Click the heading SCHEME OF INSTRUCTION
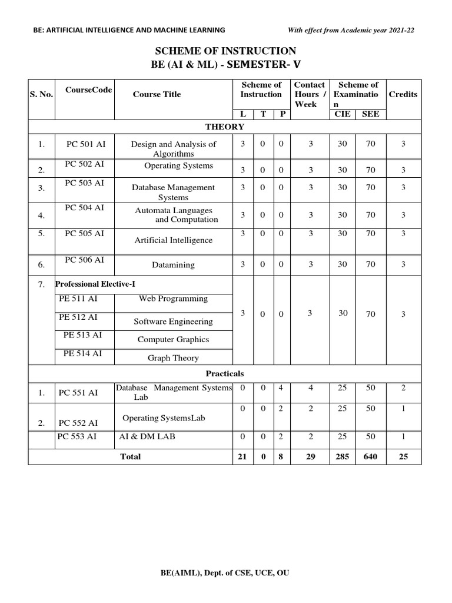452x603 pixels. [225, 51]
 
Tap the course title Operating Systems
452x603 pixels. [178, 165]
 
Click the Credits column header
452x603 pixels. [403, 94]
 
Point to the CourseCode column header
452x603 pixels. [89, 90]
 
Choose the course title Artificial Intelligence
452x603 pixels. [174, 240]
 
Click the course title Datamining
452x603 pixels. [174, 265]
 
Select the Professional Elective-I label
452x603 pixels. [95, 284]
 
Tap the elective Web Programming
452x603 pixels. [173, 299]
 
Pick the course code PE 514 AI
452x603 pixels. [82, 353]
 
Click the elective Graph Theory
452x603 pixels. [173, 358]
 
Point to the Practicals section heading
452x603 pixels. [225, 373]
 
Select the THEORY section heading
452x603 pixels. [225, 127]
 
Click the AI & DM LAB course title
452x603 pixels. [147, 436]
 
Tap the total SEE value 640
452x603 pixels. [370, 456]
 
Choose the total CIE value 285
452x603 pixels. [343, 456]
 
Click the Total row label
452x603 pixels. [130, 456]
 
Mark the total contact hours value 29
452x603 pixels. [310, 456]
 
